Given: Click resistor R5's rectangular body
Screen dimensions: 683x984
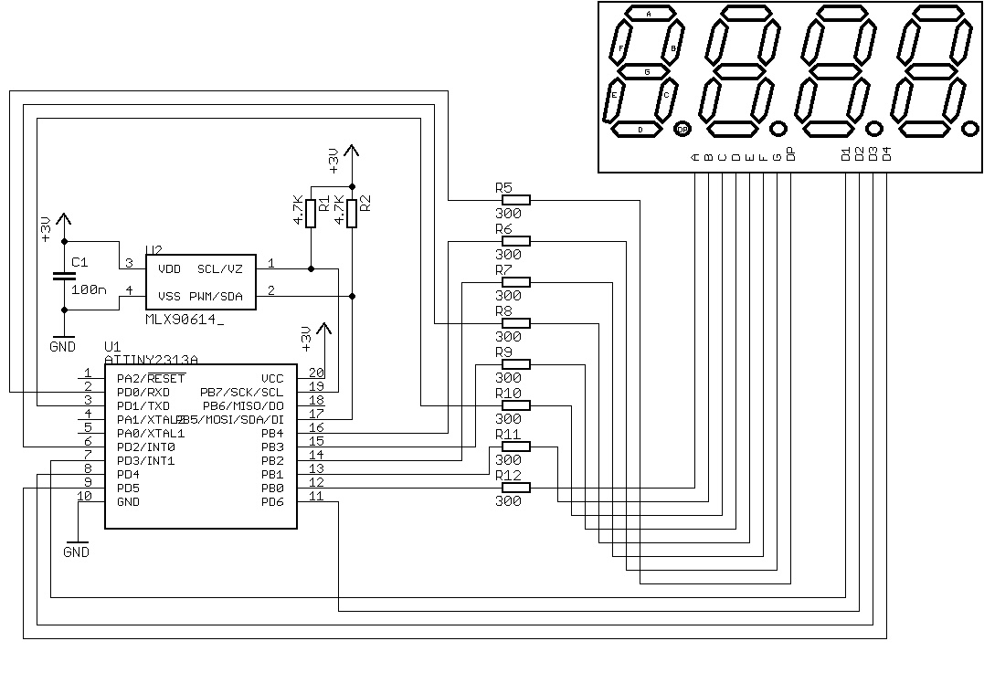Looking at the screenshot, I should pos(516,200).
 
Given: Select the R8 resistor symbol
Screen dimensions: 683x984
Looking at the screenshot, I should pos(516,323).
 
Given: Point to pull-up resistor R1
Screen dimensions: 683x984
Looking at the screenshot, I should pos(311,212).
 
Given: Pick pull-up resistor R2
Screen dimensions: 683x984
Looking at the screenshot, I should pos(353,212).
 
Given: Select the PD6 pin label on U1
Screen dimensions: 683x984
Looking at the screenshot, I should pos(272,502).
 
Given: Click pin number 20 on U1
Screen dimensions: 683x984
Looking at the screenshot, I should pos(315,373).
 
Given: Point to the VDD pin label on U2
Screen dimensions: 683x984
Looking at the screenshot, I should pos(169,269).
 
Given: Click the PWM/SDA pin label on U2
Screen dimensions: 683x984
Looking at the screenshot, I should pos(216,296).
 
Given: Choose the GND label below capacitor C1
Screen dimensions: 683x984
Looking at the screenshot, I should pos(63,347).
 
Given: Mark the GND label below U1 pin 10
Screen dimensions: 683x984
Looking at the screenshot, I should pos(77,552).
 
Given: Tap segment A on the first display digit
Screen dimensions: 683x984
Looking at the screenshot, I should pos(649,14).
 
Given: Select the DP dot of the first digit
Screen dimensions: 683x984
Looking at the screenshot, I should pos(682,130).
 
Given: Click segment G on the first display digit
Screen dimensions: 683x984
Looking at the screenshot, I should pos(647,71).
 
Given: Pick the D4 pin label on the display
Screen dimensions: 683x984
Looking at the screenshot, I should pos(886,153).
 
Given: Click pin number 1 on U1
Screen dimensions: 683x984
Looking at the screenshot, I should pos(87,373).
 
